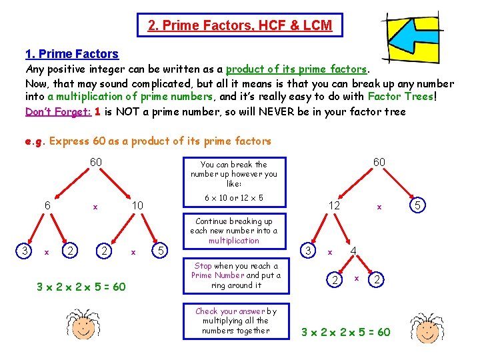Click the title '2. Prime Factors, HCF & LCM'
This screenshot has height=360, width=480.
click(239, 25)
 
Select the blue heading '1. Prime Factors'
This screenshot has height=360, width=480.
click(71, 54)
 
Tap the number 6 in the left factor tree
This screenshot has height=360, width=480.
click(47, 205)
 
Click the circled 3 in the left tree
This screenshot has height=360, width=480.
click(25, 251)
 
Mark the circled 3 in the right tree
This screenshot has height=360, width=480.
click(308, 251)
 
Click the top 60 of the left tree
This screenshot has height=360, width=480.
click(97, 163)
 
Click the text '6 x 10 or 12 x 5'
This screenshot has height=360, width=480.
click(233, 198)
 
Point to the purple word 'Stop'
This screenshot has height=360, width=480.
click(203, 265)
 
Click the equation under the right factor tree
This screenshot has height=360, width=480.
click(346, 331)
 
